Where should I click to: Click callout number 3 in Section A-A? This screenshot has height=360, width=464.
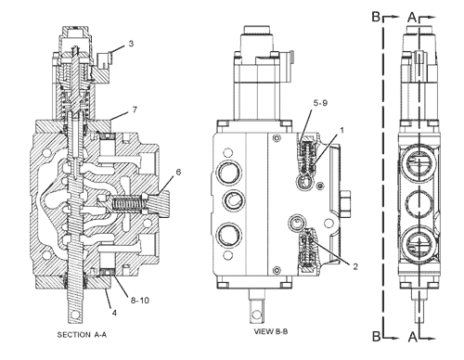pyautogui.click(x=131, y=44)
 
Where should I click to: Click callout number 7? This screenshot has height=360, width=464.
pyautogui.click(x=135, y=109)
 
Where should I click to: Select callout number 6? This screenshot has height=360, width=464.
pyautogui.click(x=178, y=172)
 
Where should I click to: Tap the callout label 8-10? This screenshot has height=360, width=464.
pyautogui.click(x=140, y=300)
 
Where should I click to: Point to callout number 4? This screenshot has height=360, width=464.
pyautogui.click(x=114, y=313)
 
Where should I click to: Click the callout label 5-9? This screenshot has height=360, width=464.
pyautogui.click(x=320, y=103)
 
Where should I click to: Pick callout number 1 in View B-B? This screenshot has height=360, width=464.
pyautogui.click(x=342, y=130)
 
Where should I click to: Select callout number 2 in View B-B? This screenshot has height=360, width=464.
pyautogui.click(x=355, y=266)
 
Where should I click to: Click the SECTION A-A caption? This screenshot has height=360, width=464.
pyautogui.click(x=82, y=335)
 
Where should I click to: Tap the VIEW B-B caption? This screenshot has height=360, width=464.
pyautogui.click(x=271, y=331)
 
